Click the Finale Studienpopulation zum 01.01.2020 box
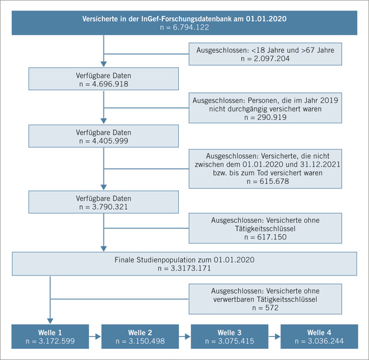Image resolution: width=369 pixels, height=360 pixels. [x=184, y=263]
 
